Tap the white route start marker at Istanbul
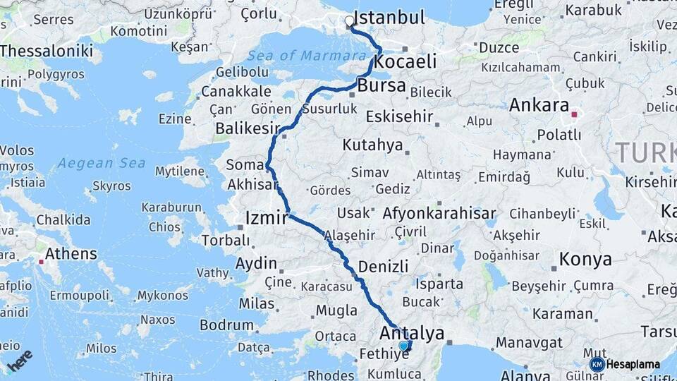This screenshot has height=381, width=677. tap(350, 21)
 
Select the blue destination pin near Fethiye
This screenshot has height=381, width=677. tap(403, 346)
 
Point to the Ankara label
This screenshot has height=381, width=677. tap(539, 105)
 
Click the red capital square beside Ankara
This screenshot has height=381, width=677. tap(575, 114)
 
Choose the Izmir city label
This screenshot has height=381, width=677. tap(267, 217)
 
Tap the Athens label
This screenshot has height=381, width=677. tap(71, 253)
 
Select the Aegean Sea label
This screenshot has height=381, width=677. tap(102, 163)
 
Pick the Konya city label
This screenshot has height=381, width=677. tap(585, 259)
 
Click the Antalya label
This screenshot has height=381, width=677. tap(413, 333)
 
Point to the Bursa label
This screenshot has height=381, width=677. tap(382, 86)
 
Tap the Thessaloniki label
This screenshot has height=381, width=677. tap(47, 51)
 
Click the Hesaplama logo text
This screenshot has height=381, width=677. tap(634, 365)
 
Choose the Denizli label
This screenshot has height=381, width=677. tap(384, 266)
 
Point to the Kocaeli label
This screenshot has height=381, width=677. tap(405, 61)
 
